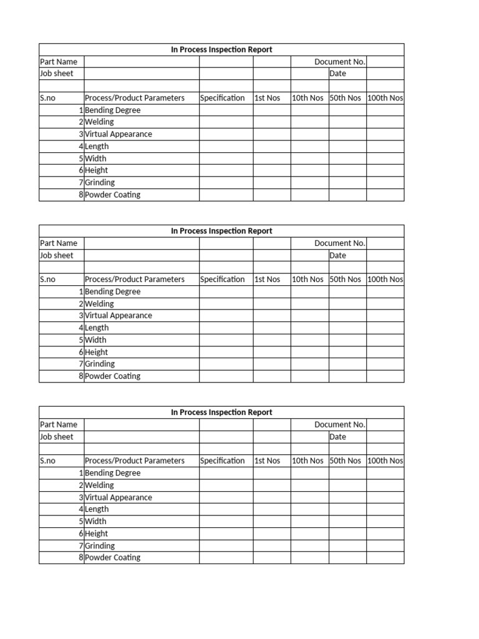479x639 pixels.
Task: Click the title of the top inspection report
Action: click(x=221, y=49)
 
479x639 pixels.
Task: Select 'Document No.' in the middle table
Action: click(x=340, y=243)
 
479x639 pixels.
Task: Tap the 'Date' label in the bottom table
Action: click(x=337, y=437)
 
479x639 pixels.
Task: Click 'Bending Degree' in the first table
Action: click(x=112, y=110)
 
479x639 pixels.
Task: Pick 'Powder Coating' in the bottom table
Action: click(x=112, y=557)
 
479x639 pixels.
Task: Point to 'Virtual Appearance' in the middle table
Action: click(x=118, y=316)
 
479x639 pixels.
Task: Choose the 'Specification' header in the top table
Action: click(x=222, y=98)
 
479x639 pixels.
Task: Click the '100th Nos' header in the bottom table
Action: click(x=385, y=461)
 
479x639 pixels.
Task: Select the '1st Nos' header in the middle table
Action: click(x=267, y=280)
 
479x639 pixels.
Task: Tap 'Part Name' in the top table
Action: click(x=59, y=62)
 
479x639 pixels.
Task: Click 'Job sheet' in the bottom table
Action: click(x=56, y=437)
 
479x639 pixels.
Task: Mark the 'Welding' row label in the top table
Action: click(x=99, y=122)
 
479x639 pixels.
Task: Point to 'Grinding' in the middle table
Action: click(x=100, y=364)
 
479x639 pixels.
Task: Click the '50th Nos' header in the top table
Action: click(x=346, y=98)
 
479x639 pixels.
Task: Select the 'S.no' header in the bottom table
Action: click(x=47, y=461)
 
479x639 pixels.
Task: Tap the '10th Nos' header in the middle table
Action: click(x=307, y=280)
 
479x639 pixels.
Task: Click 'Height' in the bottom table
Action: click(x=96, y=534)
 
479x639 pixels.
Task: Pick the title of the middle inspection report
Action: click(x=221, y=231)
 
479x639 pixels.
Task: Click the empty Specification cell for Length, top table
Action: click(x=226, y=146)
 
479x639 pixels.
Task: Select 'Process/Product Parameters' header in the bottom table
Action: click(x=135, y=461)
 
